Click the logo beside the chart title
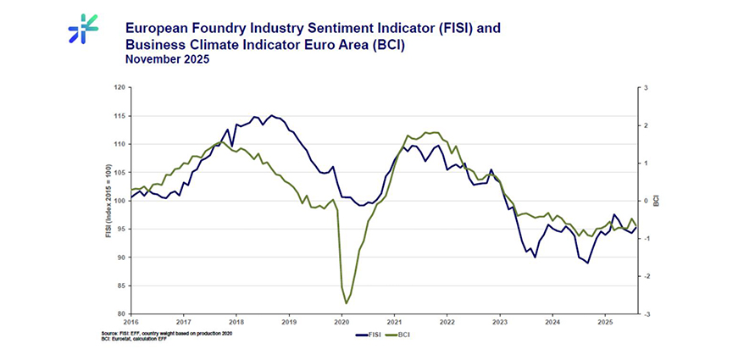pos(83,29)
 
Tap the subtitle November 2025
pos(167,60)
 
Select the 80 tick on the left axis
pos(120,313)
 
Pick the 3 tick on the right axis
pos(646,87)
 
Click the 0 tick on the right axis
pos(646,201)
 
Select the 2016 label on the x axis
pos(131,323)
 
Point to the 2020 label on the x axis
pos(342,323)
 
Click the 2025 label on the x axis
pos(605,323)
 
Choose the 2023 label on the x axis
pos(500,323)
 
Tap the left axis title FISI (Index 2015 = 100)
pos(108,201)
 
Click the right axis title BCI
pos(657,201)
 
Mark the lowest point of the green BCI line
pos(346,303)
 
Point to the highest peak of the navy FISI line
pos(271,115)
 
